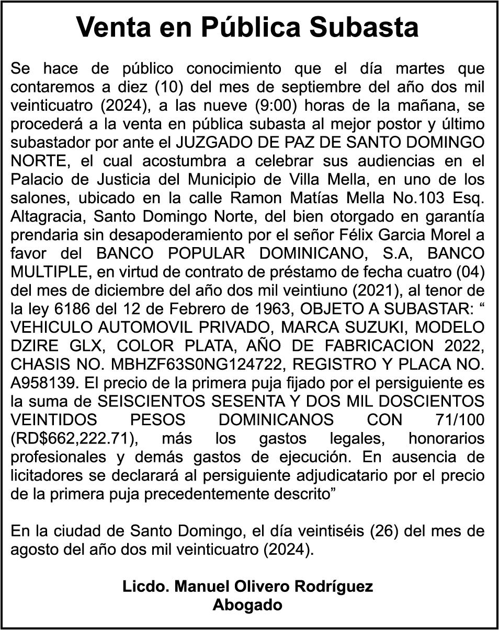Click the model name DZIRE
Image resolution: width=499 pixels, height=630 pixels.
[x=34, y=345]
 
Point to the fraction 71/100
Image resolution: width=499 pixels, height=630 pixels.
[x=459, y=419]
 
